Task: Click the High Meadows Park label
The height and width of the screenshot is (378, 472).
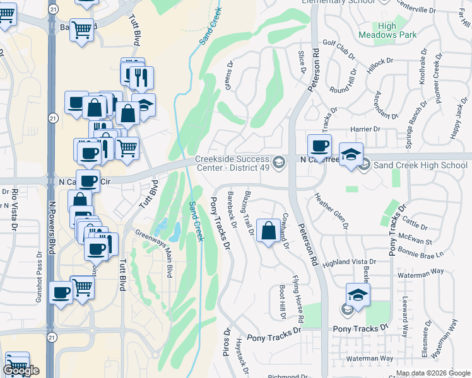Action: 396,31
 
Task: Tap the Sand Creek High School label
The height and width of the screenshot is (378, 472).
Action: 420,165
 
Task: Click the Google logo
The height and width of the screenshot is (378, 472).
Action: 21,370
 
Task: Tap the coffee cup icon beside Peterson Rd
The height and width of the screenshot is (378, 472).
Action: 319,146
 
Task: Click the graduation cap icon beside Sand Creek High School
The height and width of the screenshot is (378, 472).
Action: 351,153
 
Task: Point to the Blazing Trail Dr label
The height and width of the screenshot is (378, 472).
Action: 249,213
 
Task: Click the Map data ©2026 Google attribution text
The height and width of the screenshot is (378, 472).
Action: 432,373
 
